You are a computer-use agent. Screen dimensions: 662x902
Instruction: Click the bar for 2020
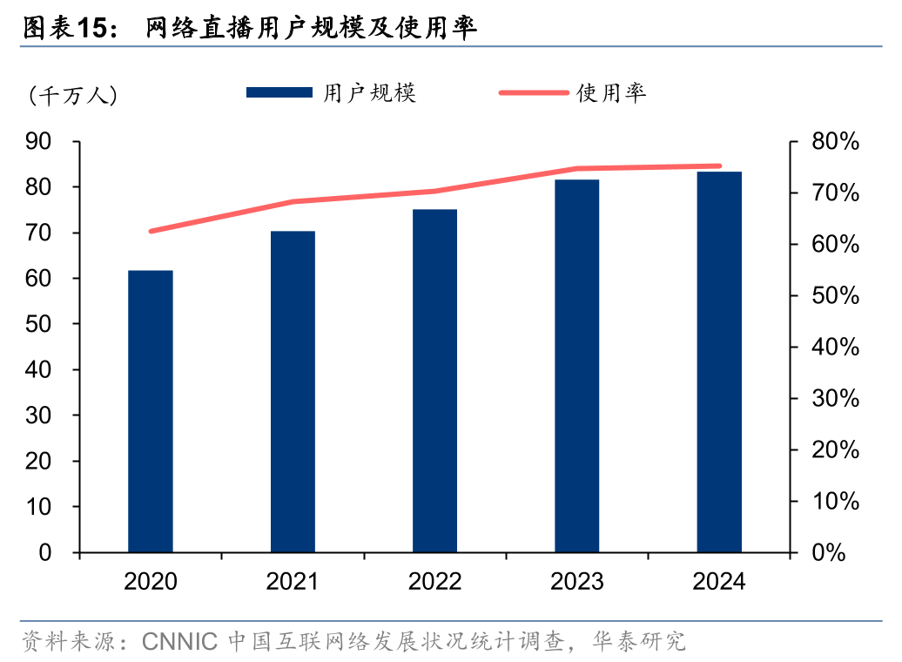pos(151,411)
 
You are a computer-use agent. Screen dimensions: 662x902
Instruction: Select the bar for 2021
pos(293,392)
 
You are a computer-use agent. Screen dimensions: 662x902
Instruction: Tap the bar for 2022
pos(434,381)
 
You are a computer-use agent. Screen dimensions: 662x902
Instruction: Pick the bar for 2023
pos(577,366)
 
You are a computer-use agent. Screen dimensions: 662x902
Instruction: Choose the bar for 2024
pos(719,362)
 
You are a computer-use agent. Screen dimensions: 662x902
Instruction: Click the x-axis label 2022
pos(434,582)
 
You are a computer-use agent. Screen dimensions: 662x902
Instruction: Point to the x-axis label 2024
pos(719,582)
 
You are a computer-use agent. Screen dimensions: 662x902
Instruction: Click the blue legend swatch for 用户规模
pos(279,92)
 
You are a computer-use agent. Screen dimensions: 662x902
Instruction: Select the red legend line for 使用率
pos(532,92)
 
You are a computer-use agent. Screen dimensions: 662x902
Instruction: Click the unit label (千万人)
pos(72,95)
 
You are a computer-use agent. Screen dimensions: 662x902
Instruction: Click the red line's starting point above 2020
pos(151,232)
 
